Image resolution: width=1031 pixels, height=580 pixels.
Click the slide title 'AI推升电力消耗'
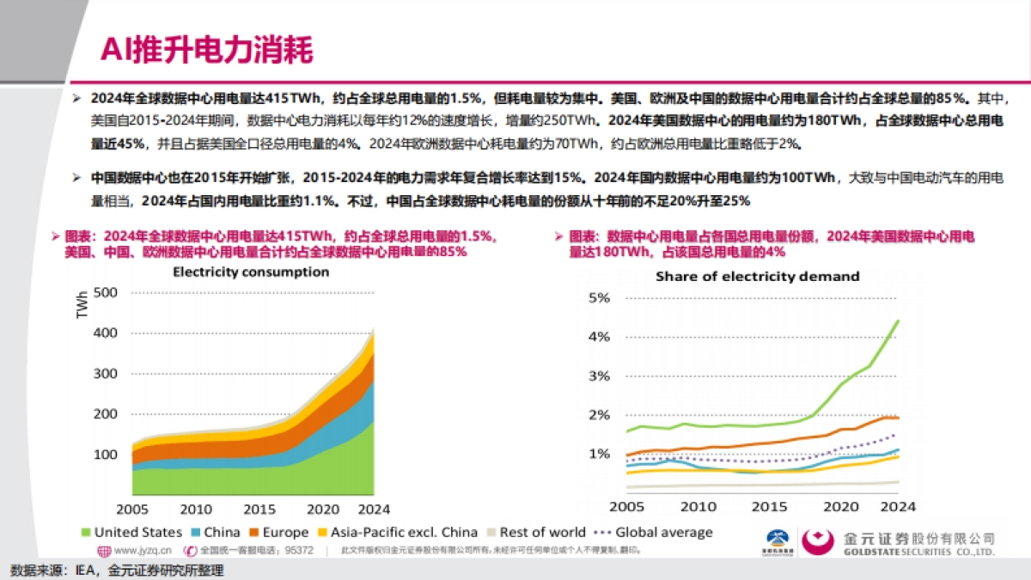coord(206,49)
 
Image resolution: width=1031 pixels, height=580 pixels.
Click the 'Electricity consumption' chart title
coord(251,272)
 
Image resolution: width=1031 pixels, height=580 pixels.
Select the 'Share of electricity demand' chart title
coord(757,277)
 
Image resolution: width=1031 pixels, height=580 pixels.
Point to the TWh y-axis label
coord(82,305)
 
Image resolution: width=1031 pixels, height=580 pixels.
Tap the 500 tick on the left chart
coord(104,292)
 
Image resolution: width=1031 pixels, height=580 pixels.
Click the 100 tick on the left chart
coord(104,454)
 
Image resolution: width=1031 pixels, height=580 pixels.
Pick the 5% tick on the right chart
coord(598,298)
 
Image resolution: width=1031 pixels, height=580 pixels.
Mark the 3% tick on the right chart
coord(598,376)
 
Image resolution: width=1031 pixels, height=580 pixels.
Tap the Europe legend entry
coord(285,533)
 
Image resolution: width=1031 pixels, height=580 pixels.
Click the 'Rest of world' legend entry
coord(535,533)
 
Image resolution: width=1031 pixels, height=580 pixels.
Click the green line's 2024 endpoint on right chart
coord(898,321)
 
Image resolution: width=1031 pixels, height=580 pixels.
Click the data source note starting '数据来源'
coord(116,571)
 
